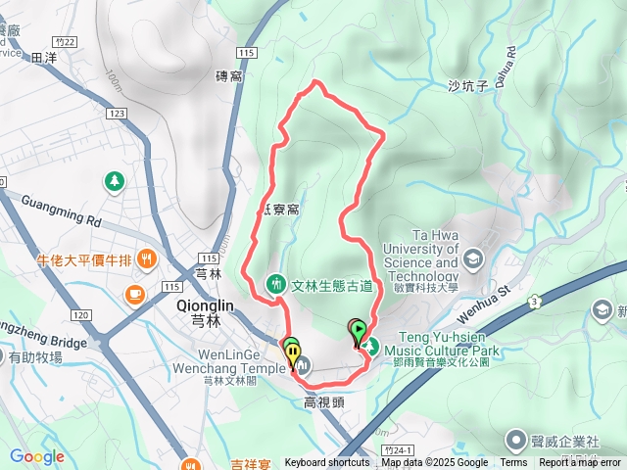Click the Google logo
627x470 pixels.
37,456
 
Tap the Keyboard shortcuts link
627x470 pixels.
327,463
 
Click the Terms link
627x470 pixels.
513,463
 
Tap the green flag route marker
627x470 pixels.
359,330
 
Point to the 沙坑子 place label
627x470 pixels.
467,86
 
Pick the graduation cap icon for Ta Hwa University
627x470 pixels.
474,259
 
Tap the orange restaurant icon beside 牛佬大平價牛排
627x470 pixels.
146,259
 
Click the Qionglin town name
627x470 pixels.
204,305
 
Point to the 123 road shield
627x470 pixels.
119,115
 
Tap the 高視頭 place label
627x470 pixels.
323,401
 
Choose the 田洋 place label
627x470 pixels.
45,59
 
